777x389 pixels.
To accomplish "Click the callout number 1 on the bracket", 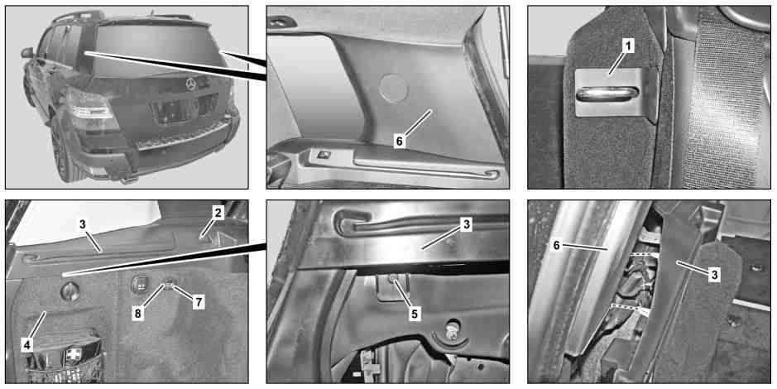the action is click(x=628, y=47).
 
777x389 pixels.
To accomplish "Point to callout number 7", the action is click(x=199, y=302).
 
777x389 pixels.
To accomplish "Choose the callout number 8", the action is click(x=138, y=314).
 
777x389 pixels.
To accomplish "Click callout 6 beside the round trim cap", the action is click(x=400, y=142).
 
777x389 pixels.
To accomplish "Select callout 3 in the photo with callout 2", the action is click(x=83, y=224).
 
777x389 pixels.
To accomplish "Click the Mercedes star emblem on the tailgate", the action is click(x=191, y=84).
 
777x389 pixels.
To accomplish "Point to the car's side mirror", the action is click(x=27, y=52).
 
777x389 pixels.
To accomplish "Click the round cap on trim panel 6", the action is click(x=393, y=88).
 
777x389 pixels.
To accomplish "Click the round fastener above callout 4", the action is click(x=70, y=291).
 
